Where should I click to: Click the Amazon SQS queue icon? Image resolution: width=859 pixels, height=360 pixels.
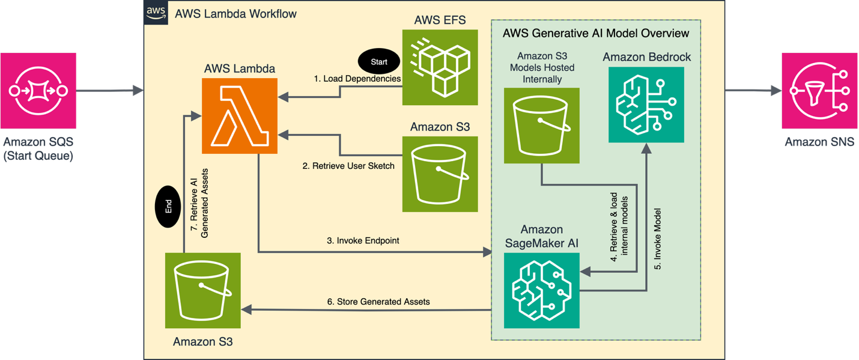pyautogui.click(x=38, y=91)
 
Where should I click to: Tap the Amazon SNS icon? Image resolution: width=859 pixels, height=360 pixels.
pyautogui.click(x=819, y=91)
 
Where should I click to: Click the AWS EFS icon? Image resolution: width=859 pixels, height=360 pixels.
pyautogui.click(x=440, y=67)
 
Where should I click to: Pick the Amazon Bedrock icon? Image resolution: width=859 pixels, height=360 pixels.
pyautogui.click(x=646, y=105)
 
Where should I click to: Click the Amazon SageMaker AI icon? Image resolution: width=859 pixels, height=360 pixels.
pyautogui.click(x=542, y=290)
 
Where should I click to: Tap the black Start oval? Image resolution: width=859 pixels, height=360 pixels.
pyautogui.click(x=379, y=61)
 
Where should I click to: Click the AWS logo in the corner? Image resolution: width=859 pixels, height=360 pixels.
pyautogui.click(x=156, y=13)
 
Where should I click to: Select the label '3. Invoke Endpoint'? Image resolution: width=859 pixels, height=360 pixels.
pyautogui.click(x=363, y=240)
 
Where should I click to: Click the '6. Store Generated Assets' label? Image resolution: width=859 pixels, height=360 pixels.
pyautogui.click(x=378, y=301)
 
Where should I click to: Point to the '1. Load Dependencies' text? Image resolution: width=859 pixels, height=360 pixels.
pyautogui.click(x=357, y=79)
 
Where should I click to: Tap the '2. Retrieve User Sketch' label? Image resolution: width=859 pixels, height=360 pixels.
pyautogui.click(x=348, y=166)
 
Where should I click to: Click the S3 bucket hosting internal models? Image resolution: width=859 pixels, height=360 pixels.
pyautogui.click(x=542, y=126)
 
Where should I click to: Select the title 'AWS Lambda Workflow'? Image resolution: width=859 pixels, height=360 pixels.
pyautogui.click(x=235, y=13)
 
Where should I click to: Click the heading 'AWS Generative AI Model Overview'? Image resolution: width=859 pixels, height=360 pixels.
pyautogui.click(x=596, y=32)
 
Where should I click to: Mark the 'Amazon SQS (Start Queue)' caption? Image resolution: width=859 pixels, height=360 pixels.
pyautogui.click(x=38, y=149)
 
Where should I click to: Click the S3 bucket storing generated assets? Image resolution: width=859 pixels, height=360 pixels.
pyautogui.click(x=203, y=290)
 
